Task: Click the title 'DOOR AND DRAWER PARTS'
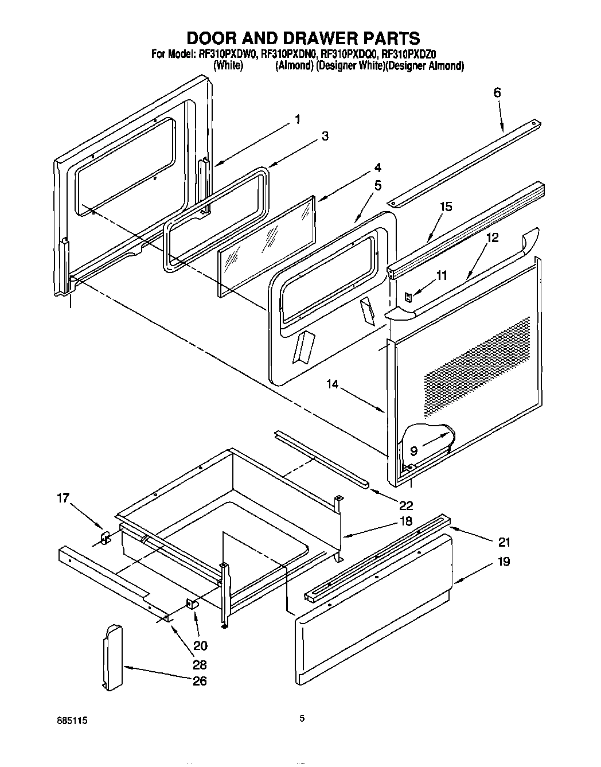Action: point(303,38)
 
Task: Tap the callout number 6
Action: point(497,92)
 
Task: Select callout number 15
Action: point(446,207)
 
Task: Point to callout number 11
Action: point(440,275)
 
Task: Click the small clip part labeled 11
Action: point(408,297)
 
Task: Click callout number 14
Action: point(333,384)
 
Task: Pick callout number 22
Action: point(406,505)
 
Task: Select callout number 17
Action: point(63,499)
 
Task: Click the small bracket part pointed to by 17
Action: point(105,538)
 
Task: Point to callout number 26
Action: point(200,681)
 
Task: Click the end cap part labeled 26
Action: point(113,657)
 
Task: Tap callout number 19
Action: point(503,562)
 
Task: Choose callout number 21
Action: point(504,542)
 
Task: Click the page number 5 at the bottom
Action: point(302,717)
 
